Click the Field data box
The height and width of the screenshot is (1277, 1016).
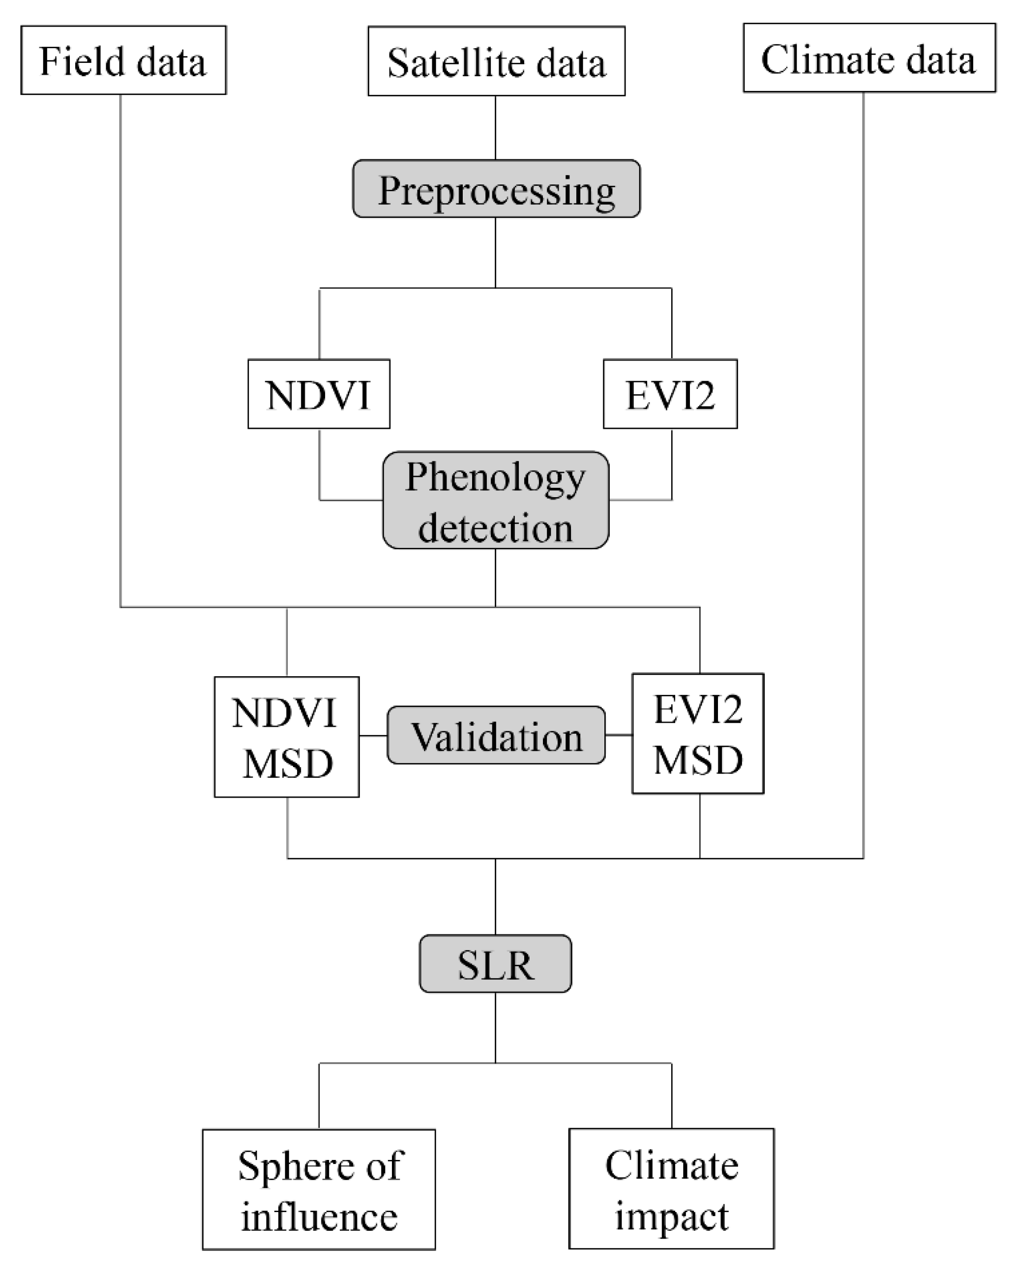[123, 60]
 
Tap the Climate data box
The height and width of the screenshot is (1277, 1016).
[868, 59]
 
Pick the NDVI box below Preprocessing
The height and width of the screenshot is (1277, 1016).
[319, 394]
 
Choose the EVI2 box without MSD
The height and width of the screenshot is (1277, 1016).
[670, 394]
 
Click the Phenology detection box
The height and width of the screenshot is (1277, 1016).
[495, 501]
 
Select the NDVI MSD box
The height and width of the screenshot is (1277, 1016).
[286, 736]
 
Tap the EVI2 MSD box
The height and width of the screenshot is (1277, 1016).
[697, 733]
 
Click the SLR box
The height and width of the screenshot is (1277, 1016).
[495, 964]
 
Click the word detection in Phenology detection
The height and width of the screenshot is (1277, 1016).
[495, 527]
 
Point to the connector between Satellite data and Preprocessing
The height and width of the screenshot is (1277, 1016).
[495, 127]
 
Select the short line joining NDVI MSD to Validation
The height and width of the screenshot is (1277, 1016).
[373, 736]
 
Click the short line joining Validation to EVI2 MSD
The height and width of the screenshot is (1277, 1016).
[619, 735]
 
